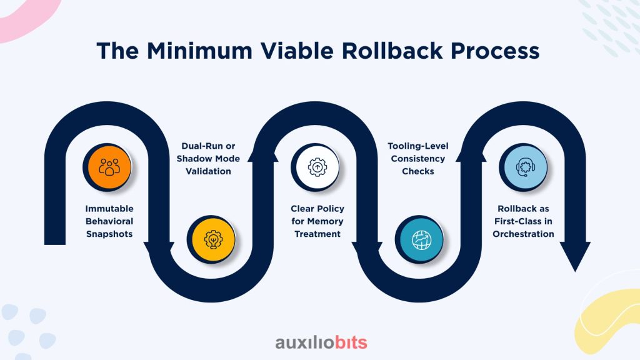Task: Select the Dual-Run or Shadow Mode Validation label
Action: pyautogui.click(x=212, y=159)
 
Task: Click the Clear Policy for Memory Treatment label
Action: pyautogui.click(x=317, y=221)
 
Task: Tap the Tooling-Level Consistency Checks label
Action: pyautogui.click(x=419, y=159)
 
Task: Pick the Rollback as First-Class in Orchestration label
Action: pyautogui.click(x=523, y=221)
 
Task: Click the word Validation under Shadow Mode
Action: pyautogui.click(x=212, y=171)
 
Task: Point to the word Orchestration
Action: pyautogui.click(x=523, y=234)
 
